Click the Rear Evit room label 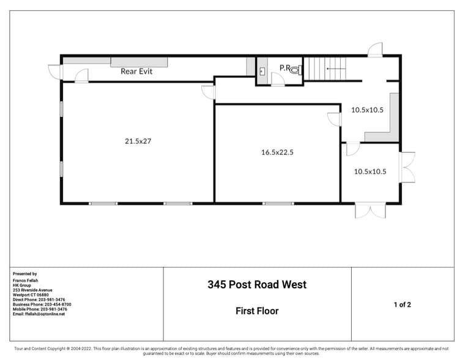pyautogui.click(x=136, y=72)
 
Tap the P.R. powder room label pyautogui.click(x=285, y=67)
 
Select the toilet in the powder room pyautogui.click(x=296, y=70)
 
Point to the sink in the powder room pyautogui.click(x=261, y=71)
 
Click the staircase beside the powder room pyautogui.click(x=325, y=69)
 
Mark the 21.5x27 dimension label pyautogui.click(x=138, y=141)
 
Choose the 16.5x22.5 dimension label pyautogui.click(x=277, y=152)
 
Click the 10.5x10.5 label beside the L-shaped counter pyautogui.click(x=367, y=110)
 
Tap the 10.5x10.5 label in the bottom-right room pyautogui.click(x=370, y=171)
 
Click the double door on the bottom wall pyautogui.click(x=371, y=211)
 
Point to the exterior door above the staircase pyautogui.click(x=375, y=50)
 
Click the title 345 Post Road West pyautogui.click(x=257, y=285)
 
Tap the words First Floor pyautogui.click(x=257, y=311)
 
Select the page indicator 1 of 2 pyautogui.click(x=402, y=304)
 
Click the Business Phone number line pyautogui.click(x=42, y=304)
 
